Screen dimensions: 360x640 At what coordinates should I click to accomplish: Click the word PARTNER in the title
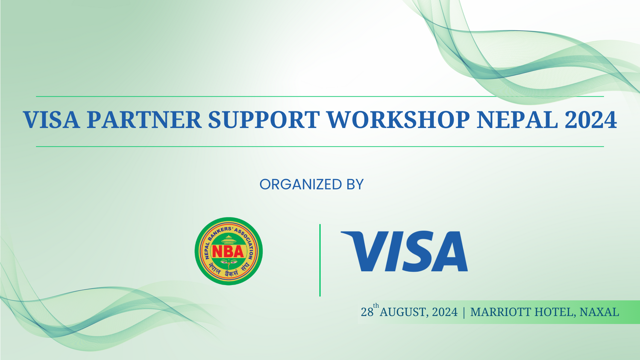click(x=144, y=120)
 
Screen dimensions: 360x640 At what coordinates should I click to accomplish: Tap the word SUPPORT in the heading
click(x=264, y=120)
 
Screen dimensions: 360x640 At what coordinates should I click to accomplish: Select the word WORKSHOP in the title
click(x=398, y=120)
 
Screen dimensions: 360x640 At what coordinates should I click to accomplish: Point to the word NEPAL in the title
click(x=517, y=120)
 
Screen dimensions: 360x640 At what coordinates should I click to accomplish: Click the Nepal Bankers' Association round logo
click(x=229, y=251)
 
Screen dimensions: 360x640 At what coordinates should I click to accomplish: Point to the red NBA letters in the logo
click(x=228, y=252)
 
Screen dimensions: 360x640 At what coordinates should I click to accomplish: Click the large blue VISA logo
click(x=404, y=251)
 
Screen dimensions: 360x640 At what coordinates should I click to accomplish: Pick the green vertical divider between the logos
click(x=320, y=260)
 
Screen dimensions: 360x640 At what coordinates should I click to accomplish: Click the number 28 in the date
click(x=367, y=312)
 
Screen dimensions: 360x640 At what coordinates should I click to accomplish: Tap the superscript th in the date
click(x=376, y=306)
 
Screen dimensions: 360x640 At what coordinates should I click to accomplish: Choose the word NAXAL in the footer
click(x=599, y=312)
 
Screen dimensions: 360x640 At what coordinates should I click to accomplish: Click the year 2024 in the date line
click(x=445, y=312)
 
